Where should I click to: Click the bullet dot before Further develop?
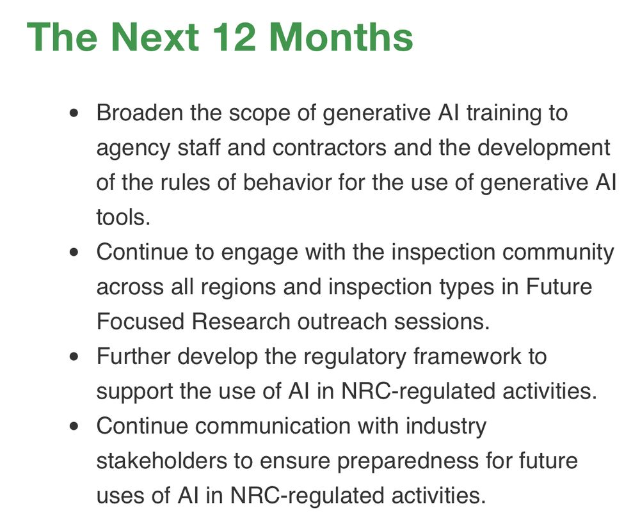click(76, 356)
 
